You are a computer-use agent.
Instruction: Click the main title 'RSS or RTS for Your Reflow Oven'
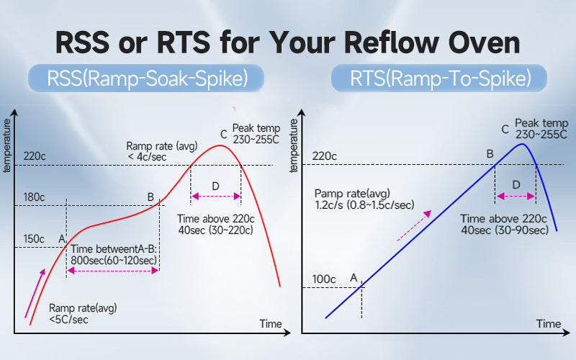point(288,42)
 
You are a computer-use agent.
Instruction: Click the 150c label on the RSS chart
point(32,238)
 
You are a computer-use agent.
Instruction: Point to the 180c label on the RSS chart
point(32,197)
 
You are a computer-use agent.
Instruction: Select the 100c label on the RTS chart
point(324,279)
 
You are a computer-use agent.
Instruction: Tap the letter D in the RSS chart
point(216,186)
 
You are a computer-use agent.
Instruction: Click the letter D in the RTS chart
point(516,185)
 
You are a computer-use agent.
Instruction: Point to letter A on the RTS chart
point(354,276)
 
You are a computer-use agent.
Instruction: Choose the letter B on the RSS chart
point(150,197)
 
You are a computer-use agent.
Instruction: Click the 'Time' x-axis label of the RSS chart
point(271,324)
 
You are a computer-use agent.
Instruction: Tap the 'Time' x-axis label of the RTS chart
point(548,324)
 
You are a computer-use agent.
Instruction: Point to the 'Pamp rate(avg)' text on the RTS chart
point(352,194)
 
